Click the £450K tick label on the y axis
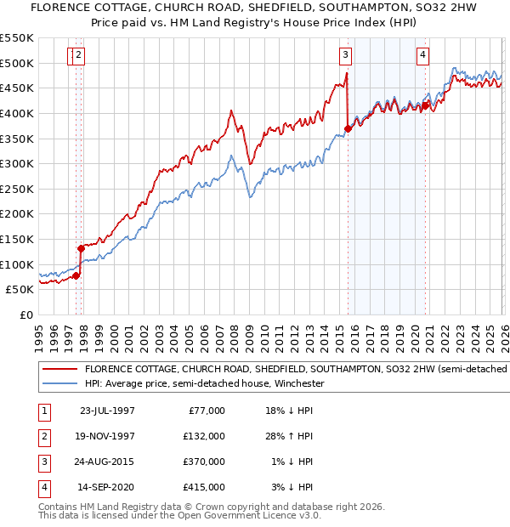(x=17, y=88)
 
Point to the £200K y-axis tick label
(x=17, y=213)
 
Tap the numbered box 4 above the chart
(x=422, y=56)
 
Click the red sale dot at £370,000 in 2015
(x=348, y=128)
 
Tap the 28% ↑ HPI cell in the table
(x=290, y=436)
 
